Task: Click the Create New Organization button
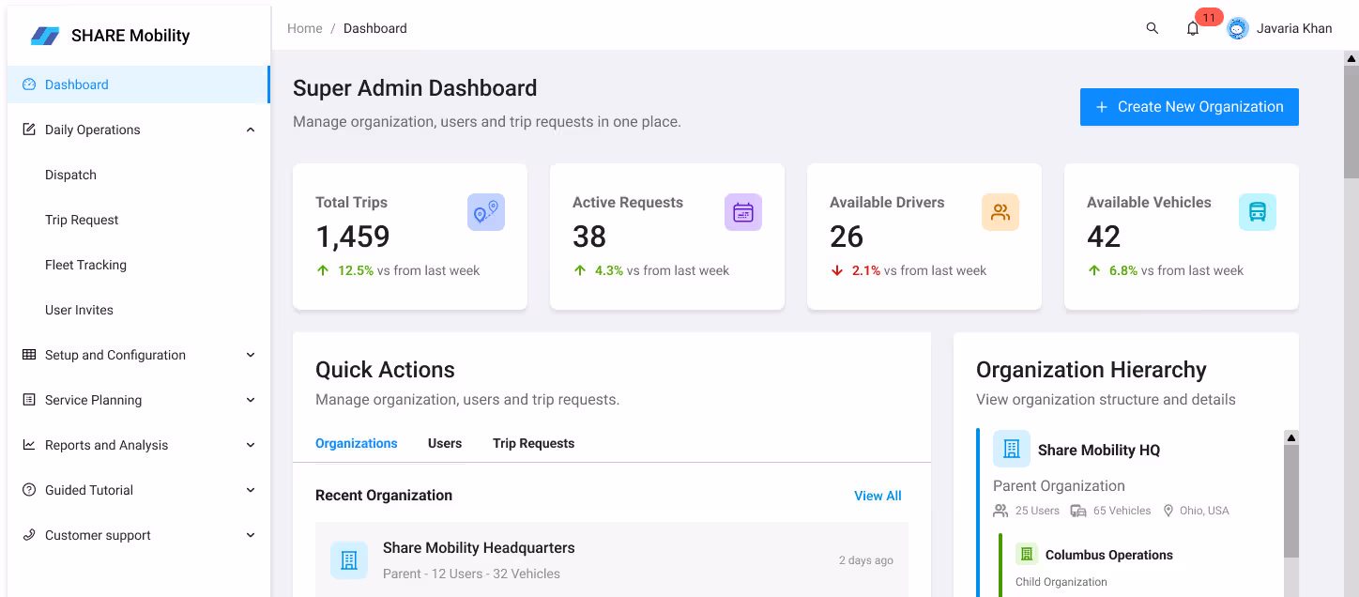1189,107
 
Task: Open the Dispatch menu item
71,175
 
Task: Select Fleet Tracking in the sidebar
85,265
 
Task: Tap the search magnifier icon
1153,28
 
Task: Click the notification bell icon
1193,29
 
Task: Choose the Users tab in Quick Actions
445,443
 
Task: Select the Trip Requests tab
533,443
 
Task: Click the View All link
878,496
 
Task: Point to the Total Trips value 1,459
353,237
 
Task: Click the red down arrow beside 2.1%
837,270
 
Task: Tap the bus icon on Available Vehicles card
1257,212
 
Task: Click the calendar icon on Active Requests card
742,212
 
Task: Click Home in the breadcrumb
305,28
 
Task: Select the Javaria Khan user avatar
1238,29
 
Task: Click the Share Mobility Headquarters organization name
479,548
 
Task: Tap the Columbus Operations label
1108,555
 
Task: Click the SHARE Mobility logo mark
45,36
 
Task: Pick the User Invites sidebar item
79,310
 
